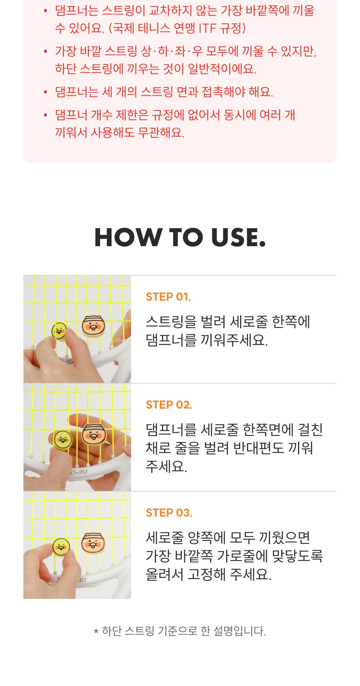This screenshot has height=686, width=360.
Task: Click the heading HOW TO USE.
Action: [180, 238]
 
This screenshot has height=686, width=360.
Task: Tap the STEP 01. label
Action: [168, 297]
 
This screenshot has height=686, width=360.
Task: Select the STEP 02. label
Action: [169, 405]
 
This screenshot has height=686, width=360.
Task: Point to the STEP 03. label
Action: [169, 513]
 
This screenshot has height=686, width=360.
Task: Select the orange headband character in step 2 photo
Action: [95, 434]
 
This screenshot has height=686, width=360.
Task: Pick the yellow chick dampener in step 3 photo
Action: [61, 546]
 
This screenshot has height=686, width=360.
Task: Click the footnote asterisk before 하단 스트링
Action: [96, 632]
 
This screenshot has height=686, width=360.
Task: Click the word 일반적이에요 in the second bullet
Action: [222, 68]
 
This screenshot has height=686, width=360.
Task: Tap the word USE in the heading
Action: [238, 238]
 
